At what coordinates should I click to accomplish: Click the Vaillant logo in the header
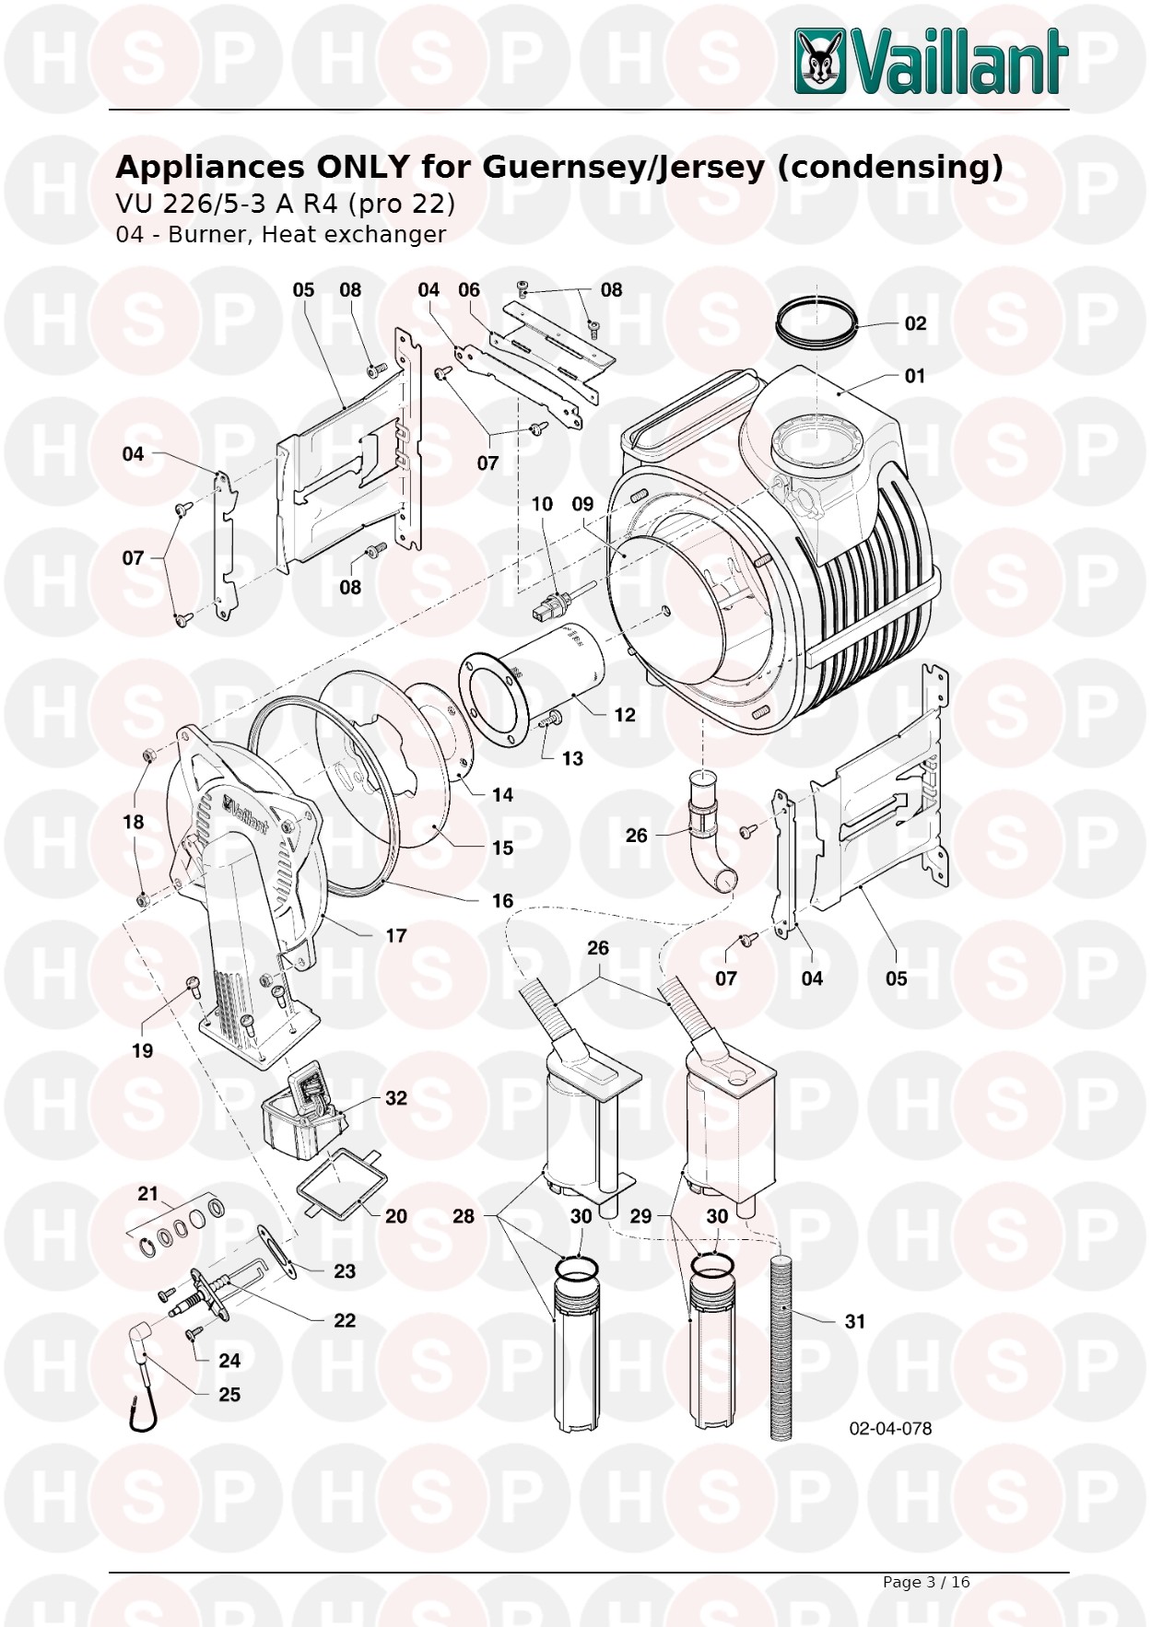pos(931,61)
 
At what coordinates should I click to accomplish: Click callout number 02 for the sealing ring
pos(914,323)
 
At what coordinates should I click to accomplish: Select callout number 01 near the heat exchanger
pos(914,376)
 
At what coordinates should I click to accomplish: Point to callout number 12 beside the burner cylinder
pos(625,715)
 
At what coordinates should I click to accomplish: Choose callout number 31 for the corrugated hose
pos(855,1321)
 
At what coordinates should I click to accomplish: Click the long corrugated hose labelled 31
pos(782,1345)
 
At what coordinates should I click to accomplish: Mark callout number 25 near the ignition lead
pos(229,1395)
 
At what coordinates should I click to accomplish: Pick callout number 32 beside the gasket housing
pos(396,1098)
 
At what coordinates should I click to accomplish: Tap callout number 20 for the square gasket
pos(396,1216)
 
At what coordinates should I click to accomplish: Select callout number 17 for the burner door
pos(396,936)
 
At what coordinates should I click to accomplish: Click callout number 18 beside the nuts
pos(134,822)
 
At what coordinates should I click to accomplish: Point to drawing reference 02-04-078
pos(890,1428)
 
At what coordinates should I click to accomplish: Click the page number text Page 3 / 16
pos(926,1582)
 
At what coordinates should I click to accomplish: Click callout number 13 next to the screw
pos(572,758)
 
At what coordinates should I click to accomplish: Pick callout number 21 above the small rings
pos(148,1194)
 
